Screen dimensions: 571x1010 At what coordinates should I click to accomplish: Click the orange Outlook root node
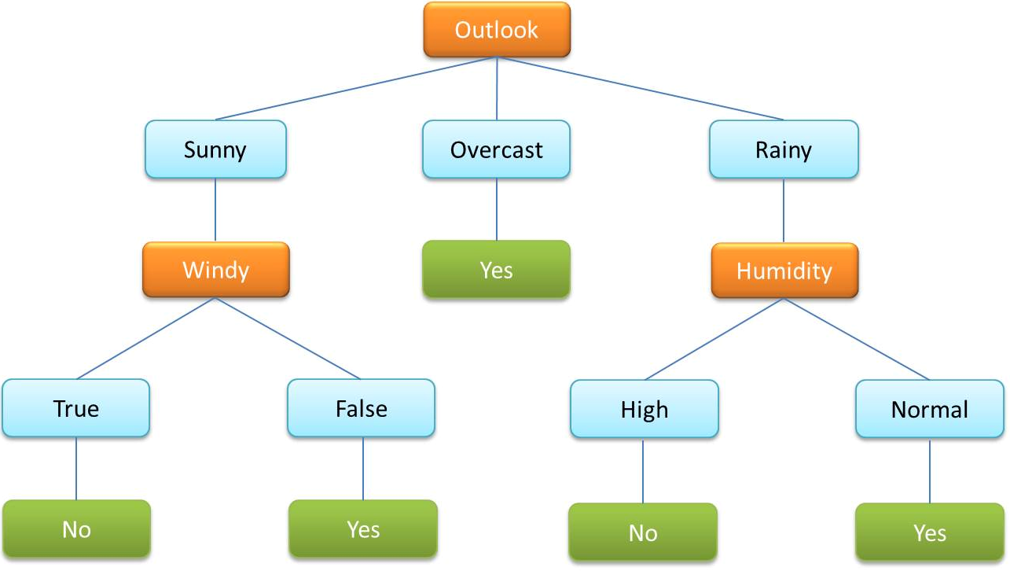pyautogui.click(x=497, y=30)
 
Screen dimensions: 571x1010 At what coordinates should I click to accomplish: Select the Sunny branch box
pyautogui.click(x=215, y=149)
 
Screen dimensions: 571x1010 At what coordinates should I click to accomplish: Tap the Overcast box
pyautogui.click(x=496, y=149)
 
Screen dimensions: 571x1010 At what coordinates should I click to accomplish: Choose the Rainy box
pyautogui.click(x=784, y=149)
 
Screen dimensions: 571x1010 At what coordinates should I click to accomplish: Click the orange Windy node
pyautogui.click(x=215, y=270)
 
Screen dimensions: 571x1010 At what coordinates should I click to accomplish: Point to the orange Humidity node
pyautogui.click(x=784, y=271)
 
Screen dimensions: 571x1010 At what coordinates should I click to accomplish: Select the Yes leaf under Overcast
pyautogui.click(x=496, y=270)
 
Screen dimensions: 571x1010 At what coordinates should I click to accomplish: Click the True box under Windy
pyautogui.click(x=75, y=408)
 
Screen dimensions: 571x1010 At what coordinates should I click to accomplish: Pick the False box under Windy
pyautogui.click(x=362, y=408)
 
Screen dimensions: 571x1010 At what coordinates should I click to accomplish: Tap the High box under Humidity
pyautogui.click(x=644, y=409)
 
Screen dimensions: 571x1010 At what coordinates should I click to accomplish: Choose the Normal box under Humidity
pyautogui.click(x=930, y=409)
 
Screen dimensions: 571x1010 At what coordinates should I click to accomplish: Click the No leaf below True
pyautogui.click(x=76, y=529)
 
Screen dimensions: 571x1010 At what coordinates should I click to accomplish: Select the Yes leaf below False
pyautogui.click(x=363, y=529)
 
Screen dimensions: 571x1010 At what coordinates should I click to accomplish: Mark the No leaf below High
pyautogui.click(x=643, y=532)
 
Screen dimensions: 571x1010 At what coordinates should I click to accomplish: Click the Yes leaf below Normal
pyautogui.click(x=930, y=532)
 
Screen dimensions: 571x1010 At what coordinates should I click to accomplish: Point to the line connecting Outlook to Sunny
pyautogui.click(x=355, y=89)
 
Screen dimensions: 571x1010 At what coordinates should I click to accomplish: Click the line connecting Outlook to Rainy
pyautogui.click(x=640, y=89)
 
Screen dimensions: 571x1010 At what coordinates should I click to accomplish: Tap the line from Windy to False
pyautogui.click(x=288, y=339)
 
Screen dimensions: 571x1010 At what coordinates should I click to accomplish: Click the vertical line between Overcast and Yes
pyautogui.click(x=496, y=209)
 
